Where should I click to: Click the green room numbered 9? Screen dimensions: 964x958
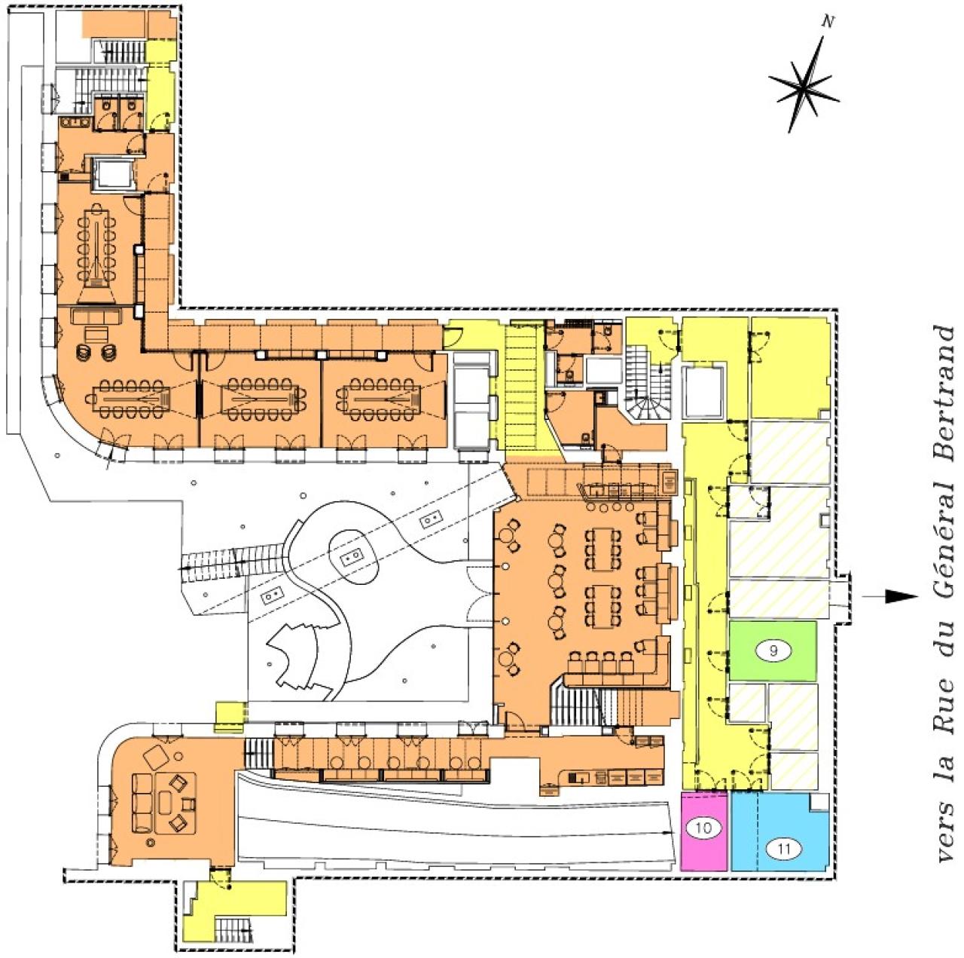coord(773,651)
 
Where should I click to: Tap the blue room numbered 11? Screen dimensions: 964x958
coord(780,832)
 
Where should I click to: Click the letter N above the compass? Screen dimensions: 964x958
coord(828,22)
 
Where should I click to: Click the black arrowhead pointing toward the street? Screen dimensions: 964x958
coord(901,596)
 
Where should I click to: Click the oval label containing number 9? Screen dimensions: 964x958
coord(773,651)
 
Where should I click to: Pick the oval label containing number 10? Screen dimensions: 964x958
coord(703,828)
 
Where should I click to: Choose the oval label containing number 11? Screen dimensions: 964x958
coord(784,849)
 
